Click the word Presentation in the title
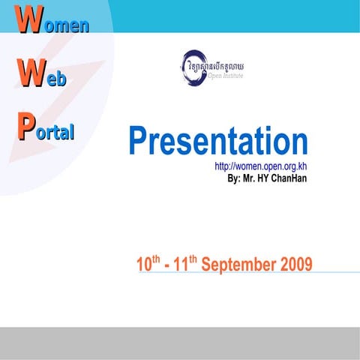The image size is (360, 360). pyautogui.click(x=217, y=142)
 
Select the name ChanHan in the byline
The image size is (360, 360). pyautogui.click(x=288, y=178)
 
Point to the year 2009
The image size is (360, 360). pyautogui.click(x=295, y=264)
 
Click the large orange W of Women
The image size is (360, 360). pyautogui.click(x=28, y=22)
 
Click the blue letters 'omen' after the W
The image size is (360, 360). pyautogui.click(x=65, y=25)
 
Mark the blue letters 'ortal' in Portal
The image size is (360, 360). pyautogui.click(x=55, y=133)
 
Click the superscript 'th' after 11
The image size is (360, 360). pyautogui.click(x=193, y=259)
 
